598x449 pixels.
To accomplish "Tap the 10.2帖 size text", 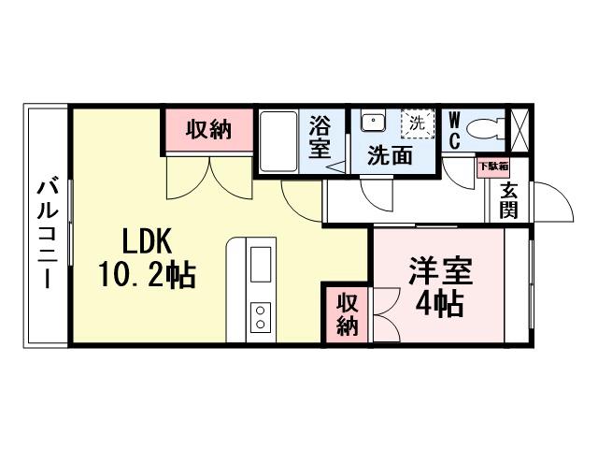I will (x=146, y=275).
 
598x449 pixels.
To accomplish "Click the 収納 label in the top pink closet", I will (x=207, y=130).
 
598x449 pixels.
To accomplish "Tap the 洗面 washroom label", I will (x=389, y=155).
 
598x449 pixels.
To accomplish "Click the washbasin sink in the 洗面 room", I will (x=373, y=123).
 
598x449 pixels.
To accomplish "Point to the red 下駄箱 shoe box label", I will (x=491, y=167).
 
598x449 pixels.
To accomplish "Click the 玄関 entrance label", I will (x=508, y=199).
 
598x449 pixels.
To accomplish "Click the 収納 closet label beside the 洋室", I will (x=348, y=314).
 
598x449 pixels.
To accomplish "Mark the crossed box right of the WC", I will (x=518, y=128).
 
